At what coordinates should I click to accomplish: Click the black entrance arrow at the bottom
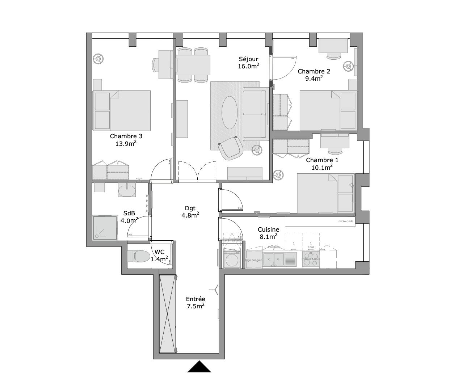[x=199, y=367]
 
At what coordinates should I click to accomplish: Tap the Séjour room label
[x=248, y=59]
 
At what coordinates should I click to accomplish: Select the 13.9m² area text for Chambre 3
[x=126, y=143]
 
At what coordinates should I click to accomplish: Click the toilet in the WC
[x=142, y=256]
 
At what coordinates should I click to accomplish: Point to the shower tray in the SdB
[x=105, y=228]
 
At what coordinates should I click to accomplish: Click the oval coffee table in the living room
[x=230, y=112]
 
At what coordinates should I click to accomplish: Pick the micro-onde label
[x=346, y=222]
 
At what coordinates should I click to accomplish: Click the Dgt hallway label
[x=190, y=208]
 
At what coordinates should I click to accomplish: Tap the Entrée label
[x=196, y=299]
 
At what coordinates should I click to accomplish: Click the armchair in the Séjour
[x=231, y=148]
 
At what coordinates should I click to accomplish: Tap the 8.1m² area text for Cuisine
[x=268, y=236]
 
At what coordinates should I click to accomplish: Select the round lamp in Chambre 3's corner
[x=98, y=59]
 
